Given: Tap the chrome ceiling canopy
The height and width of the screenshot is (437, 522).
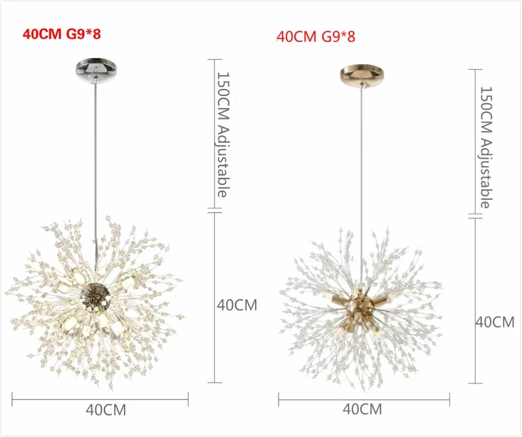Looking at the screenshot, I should pyautogui.click(x=94, y=67).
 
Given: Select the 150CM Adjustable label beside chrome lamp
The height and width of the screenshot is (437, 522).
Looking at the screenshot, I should pyautogui.click(x=223, y=135).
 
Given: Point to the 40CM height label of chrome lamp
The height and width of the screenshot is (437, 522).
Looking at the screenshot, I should pyautogui.click(x=237, y=304).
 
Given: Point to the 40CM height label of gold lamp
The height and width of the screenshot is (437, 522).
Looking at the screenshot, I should pyautogui.click(x=495, y=321).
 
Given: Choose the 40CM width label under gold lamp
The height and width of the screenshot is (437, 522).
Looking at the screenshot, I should pyautogui.click(x=362, y=410).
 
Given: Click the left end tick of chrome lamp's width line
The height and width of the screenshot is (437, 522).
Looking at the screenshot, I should pyautogui.click(x=12, y=396).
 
